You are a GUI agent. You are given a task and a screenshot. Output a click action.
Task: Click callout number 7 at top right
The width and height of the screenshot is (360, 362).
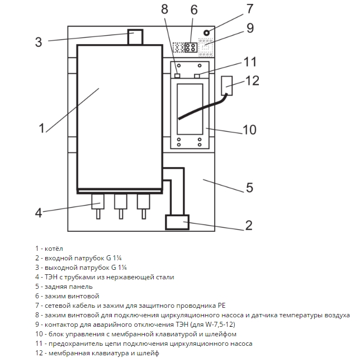[x=249, y=9]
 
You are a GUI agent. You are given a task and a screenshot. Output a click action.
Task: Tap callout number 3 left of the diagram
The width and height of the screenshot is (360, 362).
[x=38, y=42]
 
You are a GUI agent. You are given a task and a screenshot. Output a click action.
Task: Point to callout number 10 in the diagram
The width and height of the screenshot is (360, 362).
[x=249, y=130]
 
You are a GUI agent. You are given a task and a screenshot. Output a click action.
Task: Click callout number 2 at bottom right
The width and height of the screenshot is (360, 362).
[x=249, y=225]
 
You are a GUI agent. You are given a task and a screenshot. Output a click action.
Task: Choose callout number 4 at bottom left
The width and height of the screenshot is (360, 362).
[x=38, y=212]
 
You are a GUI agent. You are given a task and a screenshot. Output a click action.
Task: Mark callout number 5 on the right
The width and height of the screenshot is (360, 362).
[x=250, y=187]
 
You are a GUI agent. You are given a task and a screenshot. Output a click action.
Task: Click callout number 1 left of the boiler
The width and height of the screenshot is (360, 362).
[x=41, y=128]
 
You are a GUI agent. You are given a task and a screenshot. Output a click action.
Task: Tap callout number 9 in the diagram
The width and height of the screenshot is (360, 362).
[x=250, y=27]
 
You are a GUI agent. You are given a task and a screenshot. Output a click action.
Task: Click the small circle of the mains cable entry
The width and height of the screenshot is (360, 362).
[x=207, y=32]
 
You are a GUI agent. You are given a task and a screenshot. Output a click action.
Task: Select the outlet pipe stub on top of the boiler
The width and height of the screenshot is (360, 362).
[x=135, y=37]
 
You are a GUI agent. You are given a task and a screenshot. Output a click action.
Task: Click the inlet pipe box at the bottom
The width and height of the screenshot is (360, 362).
[x=178, y=222]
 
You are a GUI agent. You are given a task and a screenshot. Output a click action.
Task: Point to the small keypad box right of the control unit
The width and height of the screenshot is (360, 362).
[x=227, y=85]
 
